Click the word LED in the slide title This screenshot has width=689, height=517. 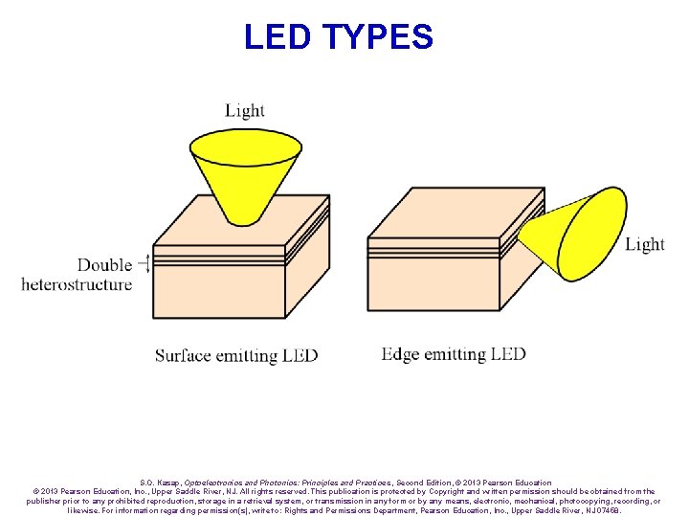pyautogui.click(x=278, y=36)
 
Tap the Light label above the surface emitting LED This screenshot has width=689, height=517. pyautogui.click(x=245, y=111)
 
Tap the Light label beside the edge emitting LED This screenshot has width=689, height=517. pyautogui.click(x=644, y=245)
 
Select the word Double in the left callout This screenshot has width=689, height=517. pyautogui.click(x=104, y=265)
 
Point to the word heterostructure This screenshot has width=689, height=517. pyautogui.click(x=77, y=284)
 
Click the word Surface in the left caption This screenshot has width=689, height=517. pyautogui.click(x=183, y=355)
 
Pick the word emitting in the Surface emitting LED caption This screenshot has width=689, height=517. pyautogui.click(x=247, y=355)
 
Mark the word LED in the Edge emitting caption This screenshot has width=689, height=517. pyautogui.click(x=508, y=354)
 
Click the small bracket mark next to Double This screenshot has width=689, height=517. pyautogui.click(x=144, y=264)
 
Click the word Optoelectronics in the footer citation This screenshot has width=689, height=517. pyautogui.click(x=211, y=483)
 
